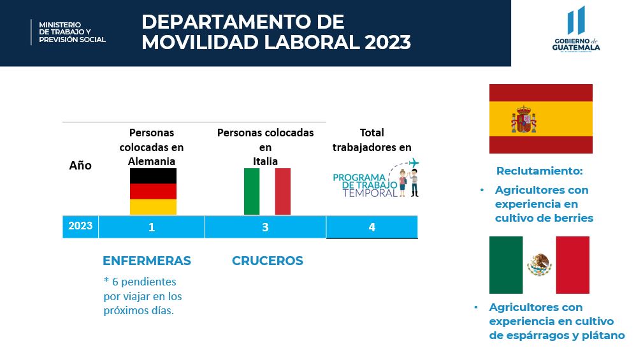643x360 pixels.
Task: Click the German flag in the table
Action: point(153,192)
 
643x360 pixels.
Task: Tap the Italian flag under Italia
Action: point(267,192)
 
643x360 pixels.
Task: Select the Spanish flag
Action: point(541,119)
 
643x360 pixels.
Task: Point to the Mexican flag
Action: point(539,265)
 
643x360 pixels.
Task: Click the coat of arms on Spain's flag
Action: point(524,119)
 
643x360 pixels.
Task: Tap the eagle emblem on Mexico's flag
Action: point(539,264)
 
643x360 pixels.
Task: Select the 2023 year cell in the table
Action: point(80,226)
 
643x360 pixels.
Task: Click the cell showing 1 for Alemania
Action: point(152,227)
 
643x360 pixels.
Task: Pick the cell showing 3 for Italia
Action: point(265,227)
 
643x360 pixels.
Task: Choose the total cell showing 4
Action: point(372,227)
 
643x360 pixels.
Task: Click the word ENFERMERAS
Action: point(147,261)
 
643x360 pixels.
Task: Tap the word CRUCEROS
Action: point(268,261)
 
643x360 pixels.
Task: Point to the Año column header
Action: point(80,165)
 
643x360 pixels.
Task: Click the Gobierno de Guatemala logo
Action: point(575,29)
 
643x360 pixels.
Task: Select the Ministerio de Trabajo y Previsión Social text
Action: point(72,32)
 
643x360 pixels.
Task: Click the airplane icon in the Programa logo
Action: point(414,162)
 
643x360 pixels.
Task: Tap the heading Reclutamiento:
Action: point(539,171)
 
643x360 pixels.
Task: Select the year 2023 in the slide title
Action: point(387,42)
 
